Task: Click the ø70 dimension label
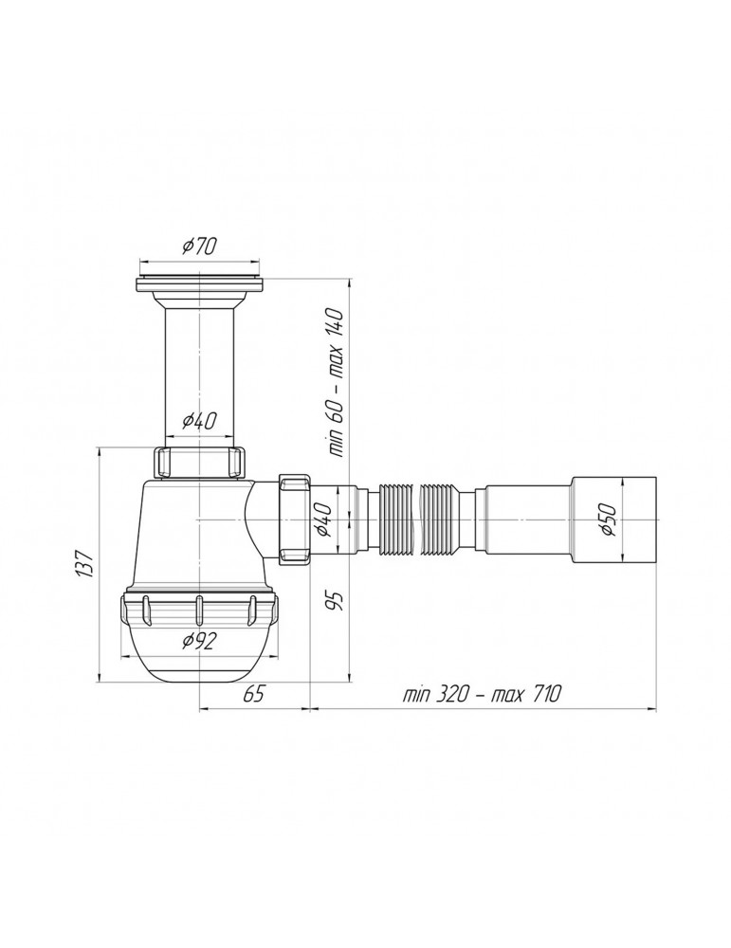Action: click(x=199, y=246)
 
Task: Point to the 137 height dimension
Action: click(x=83, y=563)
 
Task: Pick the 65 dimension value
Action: click(x=254, y=694)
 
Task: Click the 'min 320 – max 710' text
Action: click(x=482, y=694)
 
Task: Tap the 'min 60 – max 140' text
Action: click(x=337, y=382)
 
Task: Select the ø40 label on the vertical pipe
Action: click(x=199, y=420)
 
